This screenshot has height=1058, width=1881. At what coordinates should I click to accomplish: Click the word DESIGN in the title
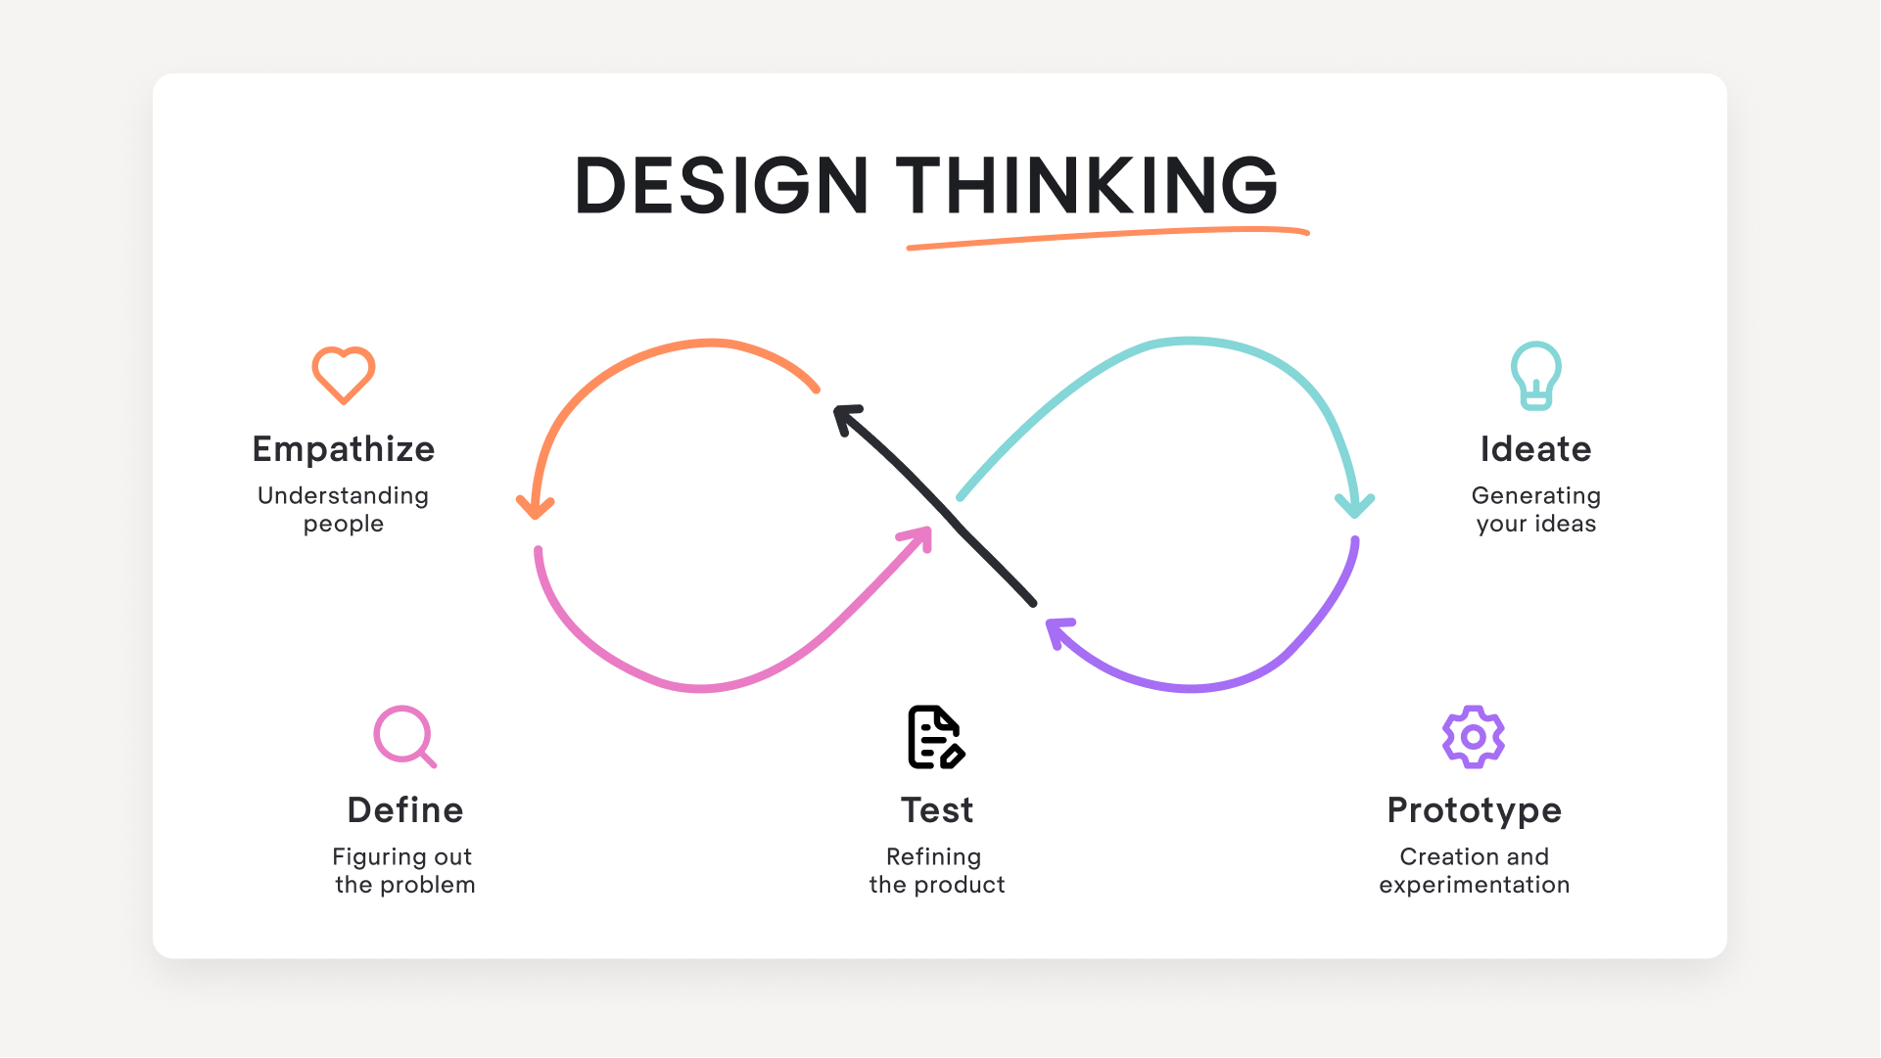[x=721, y=185]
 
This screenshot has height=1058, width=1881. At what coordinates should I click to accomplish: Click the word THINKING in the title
[x=1087, y=185]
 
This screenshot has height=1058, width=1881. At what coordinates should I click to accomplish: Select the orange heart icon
[x=344, y=375]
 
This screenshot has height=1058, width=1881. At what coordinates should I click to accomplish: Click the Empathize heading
[x=344, y=449]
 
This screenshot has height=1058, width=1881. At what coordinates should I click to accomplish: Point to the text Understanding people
[x=344, y=509]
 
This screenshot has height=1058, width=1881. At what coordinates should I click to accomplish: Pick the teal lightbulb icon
[x=1535, y=375]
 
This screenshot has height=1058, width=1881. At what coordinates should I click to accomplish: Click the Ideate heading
[x=1535, y=449]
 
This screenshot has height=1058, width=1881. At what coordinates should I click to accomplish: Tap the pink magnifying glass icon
[x=404, y=736]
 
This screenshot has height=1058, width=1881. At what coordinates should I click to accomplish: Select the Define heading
[x=405, y=810]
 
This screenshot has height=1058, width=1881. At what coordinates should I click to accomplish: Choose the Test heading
[x=937, y=810]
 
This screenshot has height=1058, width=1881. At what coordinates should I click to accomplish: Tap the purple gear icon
[x=1473, y=737]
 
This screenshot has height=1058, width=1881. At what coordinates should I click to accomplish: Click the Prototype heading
[x=1474, y=810]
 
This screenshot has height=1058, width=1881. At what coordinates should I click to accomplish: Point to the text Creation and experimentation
[x=1474, y=870]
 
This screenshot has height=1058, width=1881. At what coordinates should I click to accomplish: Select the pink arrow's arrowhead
[x=920, y=536]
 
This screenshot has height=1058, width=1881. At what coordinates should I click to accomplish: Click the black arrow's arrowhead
[x=845, y=416]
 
